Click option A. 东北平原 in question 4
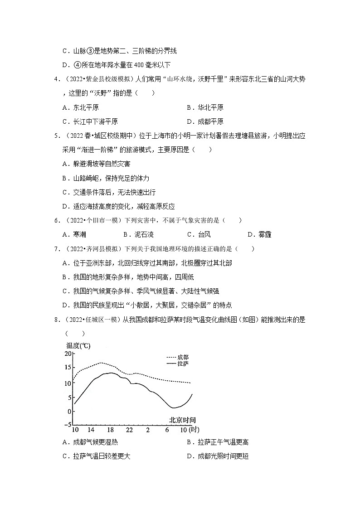81,107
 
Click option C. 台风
199,234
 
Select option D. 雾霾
259,234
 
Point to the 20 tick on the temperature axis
68,354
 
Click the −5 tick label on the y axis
68,425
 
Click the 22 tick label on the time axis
130,430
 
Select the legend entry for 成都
177,357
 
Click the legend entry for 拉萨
177,364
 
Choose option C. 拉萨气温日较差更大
96,456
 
